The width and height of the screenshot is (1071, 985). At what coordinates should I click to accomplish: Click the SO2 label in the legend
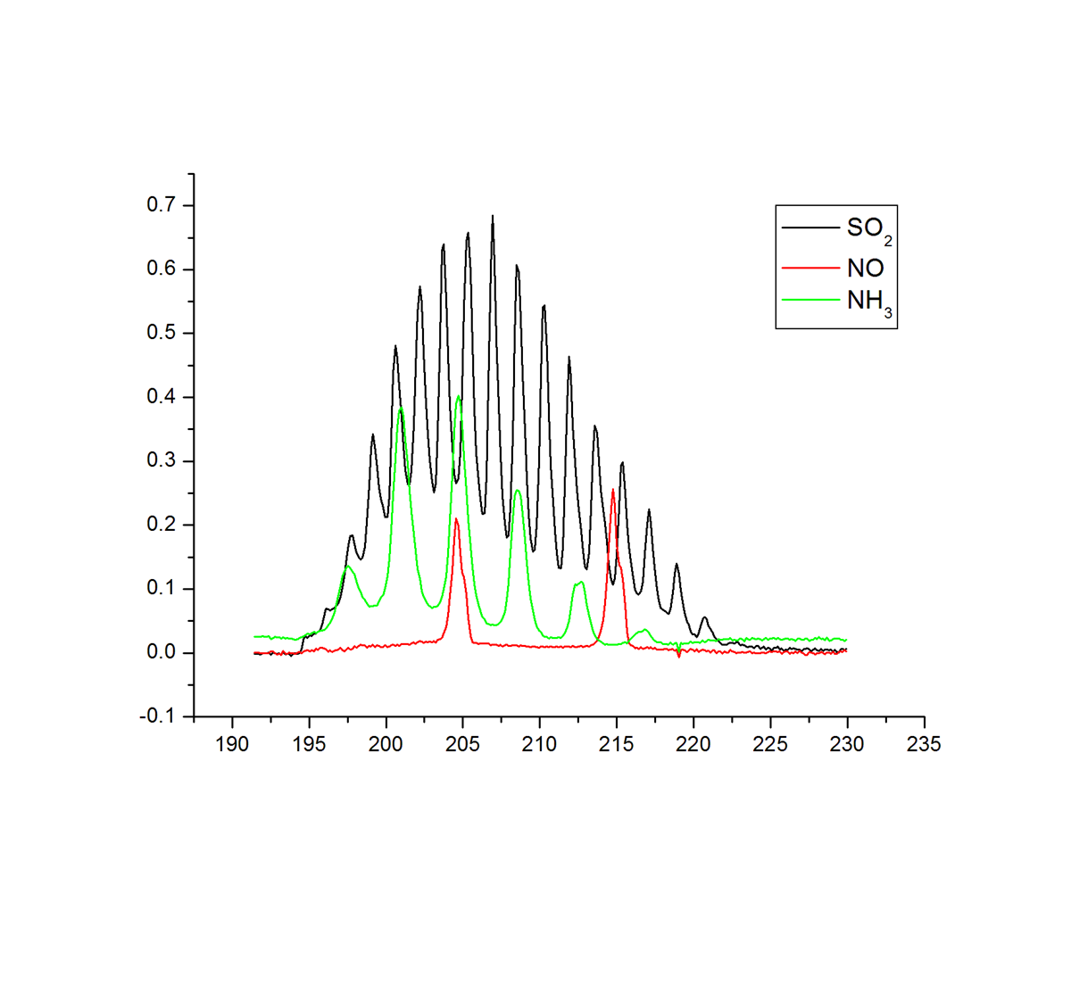[x=868, y=229]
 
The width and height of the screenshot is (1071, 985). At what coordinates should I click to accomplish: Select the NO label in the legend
[x=865, y=268]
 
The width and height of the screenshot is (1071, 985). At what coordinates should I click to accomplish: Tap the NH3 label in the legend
[x=868, y=302]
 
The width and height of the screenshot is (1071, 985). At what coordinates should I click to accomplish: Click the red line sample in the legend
[x=810, y=268]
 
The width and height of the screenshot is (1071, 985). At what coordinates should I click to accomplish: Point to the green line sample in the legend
[x=810, y=300]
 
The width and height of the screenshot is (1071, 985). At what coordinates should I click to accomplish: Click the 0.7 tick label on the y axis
[x=162, y=205]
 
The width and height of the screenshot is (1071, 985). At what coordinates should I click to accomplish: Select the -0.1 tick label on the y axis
[x=158, y=716]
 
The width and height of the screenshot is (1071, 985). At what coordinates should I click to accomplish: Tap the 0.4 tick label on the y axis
[x=162, y=397]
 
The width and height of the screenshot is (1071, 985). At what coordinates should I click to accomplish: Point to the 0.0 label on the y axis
[x=162, y=653]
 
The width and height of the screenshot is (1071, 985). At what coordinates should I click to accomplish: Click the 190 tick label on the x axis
[x=232, y=744]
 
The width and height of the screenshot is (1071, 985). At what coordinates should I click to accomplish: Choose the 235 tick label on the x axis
[x=924, y=744]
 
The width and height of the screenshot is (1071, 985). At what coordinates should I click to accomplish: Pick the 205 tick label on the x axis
[x=462, y=744]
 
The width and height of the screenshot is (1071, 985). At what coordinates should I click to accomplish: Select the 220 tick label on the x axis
[x=693, y=744]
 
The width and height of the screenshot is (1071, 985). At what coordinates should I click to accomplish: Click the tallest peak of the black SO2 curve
[x=493, y=216]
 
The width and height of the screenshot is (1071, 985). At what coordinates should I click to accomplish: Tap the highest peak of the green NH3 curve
[x=459, y=396]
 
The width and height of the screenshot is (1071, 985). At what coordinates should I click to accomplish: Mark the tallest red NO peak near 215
[x=613, y=490]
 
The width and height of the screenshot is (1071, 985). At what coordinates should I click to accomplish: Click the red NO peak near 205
[x=456, y=519]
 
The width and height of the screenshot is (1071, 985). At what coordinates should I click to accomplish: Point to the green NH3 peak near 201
[x=401, y=409]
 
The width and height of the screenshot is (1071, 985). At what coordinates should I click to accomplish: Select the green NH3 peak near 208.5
[x=518, y=490]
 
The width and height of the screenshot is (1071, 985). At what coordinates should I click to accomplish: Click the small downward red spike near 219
[x=679, y=657]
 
